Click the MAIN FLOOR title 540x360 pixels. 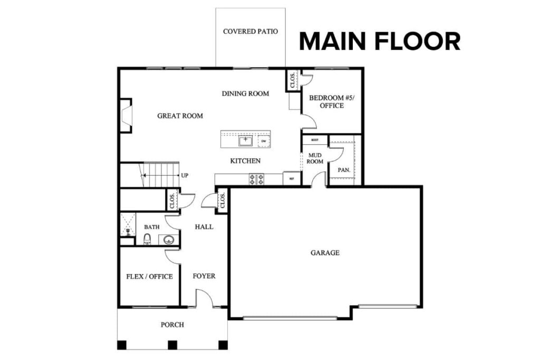coord(380,41)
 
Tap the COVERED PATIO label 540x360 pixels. coord(250,31)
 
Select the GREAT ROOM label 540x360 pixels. coord(180,116)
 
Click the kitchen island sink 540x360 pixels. coord(245,141)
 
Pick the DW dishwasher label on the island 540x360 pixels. coord(263,141)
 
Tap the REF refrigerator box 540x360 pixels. coord(291,179)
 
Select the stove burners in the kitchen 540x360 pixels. coord(256,180)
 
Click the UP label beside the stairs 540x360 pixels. coord(185,176)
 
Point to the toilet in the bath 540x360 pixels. coord(148,239)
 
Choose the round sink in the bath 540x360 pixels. coord(169,240)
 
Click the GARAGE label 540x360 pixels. coord(325,253)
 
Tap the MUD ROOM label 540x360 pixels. coord(315,159)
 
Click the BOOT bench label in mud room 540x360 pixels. coord(315,140)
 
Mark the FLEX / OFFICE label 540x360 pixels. coord(149,276)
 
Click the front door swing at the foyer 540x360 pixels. coord(205,298)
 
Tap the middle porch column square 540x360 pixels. coord(172,345)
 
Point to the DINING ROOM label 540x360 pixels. coord(245,94)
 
